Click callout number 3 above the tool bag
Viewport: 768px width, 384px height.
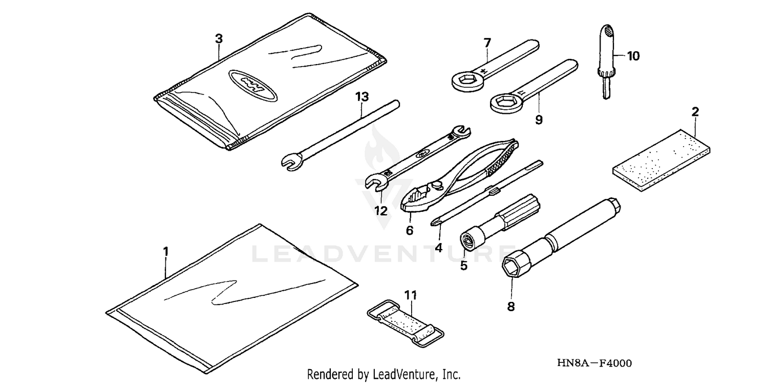coord(219,38)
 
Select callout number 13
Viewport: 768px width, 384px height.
coord(361,96)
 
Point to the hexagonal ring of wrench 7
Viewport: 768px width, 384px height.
coord(464,79)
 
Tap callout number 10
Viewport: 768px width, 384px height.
coord(633,56)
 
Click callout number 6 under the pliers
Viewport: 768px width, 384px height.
coord(410,231)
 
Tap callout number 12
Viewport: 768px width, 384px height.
coord(380,211)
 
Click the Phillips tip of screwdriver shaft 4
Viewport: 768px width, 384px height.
coord(435,222)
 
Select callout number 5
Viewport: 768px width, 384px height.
coord(464,266)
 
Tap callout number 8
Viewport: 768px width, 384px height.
coord(511,307)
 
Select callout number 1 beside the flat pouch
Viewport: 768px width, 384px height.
coord(165,251)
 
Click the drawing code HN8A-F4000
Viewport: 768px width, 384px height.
coord(594,363)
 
